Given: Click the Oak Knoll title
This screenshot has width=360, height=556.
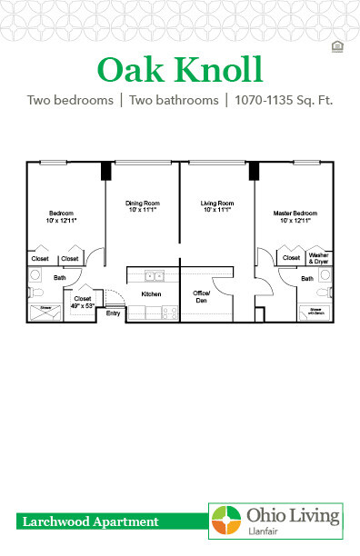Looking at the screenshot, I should (x=179, y=69).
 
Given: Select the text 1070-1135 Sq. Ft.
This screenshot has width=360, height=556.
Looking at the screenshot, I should (x=282, y=100).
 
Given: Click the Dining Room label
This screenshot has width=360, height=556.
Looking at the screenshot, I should (x=144, y=205).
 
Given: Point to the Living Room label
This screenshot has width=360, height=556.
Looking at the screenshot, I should (x=218, y=205).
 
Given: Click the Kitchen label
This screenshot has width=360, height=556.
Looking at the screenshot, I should (x=151, y=294).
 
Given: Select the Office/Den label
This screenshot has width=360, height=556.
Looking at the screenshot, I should (x=202, y=296).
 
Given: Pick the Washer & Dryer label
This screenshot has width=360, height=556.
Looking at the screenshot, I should (x=317, y=258).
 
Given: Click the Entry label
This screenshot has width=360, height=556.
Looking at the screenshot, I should (x=114, y=313).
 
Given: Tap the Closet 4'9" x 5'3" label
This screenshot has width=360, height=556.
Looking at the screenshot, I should (x=83, y=302).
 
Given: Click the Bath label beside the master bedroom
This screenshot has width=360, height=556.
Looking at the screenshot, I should (x=307, y=279).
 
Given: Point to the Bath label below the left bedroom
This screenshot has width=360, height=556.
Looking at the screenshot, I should (x=60, y=277).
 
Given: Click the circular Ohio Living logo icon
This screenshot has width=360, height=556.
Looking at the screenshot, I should (x=227, y=521).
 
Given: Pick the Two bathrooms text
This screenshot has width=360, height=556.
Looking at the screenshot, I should (x=174, y=100).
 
